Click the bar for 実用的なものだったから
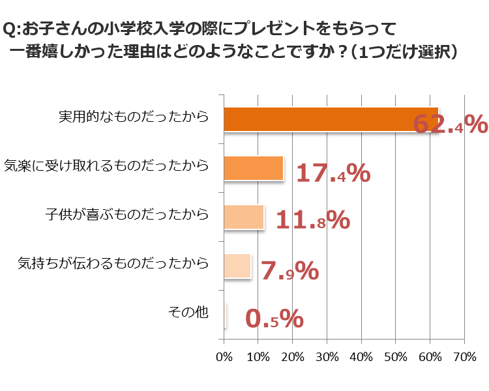click(331, 119)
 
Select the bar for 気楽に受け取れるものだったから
click(254, 168)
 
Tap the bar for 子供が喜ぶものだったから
click(244, 217)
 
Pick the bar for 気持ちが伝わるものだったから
click(237, 266)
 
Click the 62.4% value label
click(450, 124)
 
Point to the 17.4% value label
click(333, 173)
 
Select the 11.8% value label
click(313, 221)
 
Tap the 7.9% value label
click(289, 270)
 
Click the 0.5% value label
click(274, 319)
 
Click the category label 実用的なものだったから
click(134, 117)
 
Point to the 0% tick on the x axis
click(224, 357)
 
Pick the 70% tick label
click(464, 357)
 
